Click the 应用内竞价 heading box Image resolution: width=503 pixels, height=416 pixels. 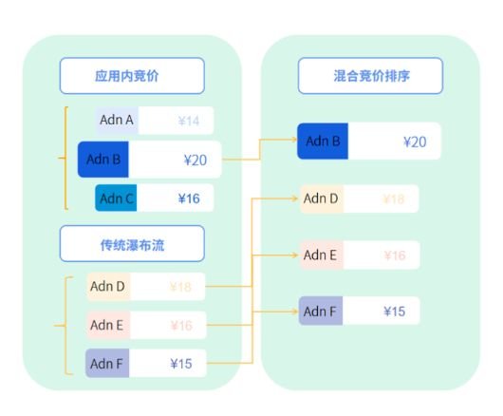click(132, 75)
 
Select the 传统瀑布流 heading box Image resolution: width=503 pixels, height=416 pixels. click(132, 243)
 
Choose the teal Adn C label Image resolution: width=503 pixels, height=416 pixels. click(117, 199)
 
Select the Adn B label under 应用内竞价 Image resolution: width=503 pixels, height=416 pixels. click(102, 160)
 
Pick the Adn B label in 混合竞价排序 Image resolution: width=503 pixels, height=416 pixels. click(323, 142)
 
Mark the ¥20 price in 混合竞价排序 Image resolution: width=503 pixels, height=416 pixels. click(414, 142)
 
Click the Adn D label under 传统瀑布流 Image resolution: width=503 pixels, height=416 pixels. click(107, 285)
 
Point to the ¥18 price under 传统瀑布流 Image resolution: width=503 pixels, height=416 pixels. click(180, 285)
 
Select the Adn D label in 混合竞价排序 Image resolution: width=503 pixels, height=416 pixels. click(321, 199)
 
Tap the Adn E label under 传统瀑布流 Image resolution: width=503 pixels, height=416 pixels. click(107, 325)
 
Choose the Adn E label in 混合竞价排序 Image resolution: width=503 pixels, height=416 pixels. click(321, 255)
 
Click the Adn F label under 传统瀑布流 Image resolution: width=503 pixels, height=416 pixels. click(107, 363)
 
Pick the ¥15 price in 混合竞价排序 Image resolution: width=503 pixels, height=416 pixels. click(394, 311)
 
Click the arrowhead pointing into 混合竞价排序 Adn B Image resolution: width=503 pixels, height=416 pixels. click(292, 142)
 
